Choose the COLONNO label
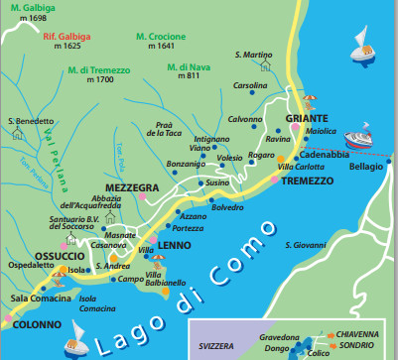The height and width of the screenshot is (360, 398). coord(36,323)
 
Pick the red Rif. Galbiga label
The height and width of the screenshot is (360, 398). coord(68,35)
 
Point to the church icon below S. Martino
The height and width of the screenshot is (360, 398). coord(266,65)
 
